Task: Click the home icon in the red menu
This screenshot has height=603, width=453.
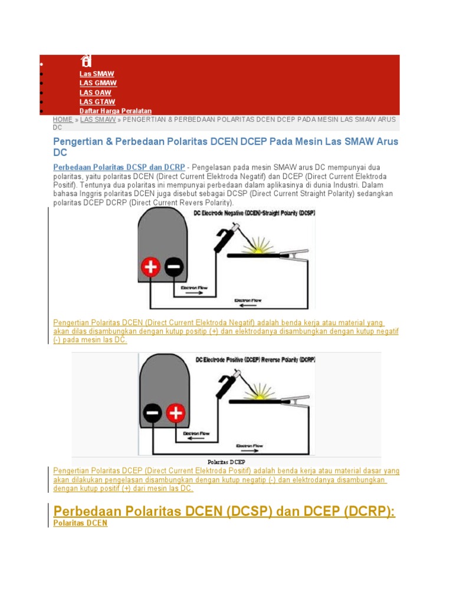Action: pos(86,61)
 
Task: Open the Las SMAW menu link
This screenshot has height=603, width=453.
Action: pos(97,74)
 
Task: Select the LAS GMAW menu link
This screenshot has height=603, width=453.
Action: pos(98,83)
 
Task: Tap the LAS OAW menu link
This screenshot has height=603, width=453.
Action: pos(95,92)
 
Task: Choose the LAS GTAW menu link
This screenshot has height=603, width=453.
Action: pos(97,102)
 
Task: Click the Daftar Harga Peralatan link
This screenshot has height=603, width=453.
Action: pos(116,111)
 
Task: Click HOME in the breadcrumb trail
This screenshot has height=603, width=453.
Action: pos(63,119)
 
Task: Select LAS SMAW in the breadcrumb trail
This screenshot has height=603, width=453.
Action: pos(98,119)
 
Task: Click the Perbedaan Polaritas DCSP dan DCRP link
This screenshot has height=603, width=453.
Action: pos(119,167)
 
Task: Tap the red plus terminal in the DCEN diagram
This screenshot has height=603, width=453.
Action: pos(150,268)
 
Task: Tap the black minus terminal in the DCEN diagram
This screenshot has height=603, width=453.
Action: pos(174,268)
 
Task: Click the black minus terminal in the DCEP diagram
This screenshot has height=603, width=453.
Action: pos(152,413)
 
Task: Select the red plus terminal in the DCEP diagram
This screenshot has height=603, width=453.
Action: pos(175,413)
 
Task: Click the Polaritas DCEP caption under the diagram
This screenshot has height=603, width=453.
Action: pos(226,462)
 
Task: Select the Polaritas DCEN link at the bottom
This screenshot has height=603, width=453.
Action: pos(80,522)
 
